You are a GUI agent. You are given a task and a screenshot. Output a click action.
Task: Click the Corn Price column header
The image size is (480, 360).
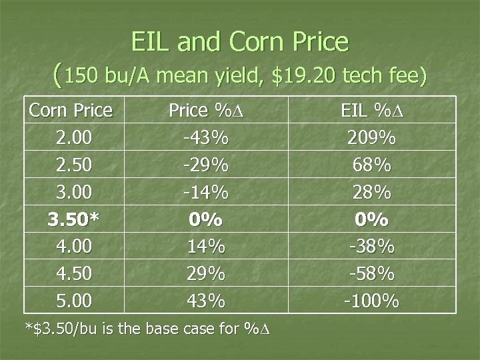[71, 111]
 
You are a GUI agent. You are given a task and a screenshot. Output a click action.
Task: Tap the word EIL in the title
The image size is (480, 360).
[155, 43]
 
